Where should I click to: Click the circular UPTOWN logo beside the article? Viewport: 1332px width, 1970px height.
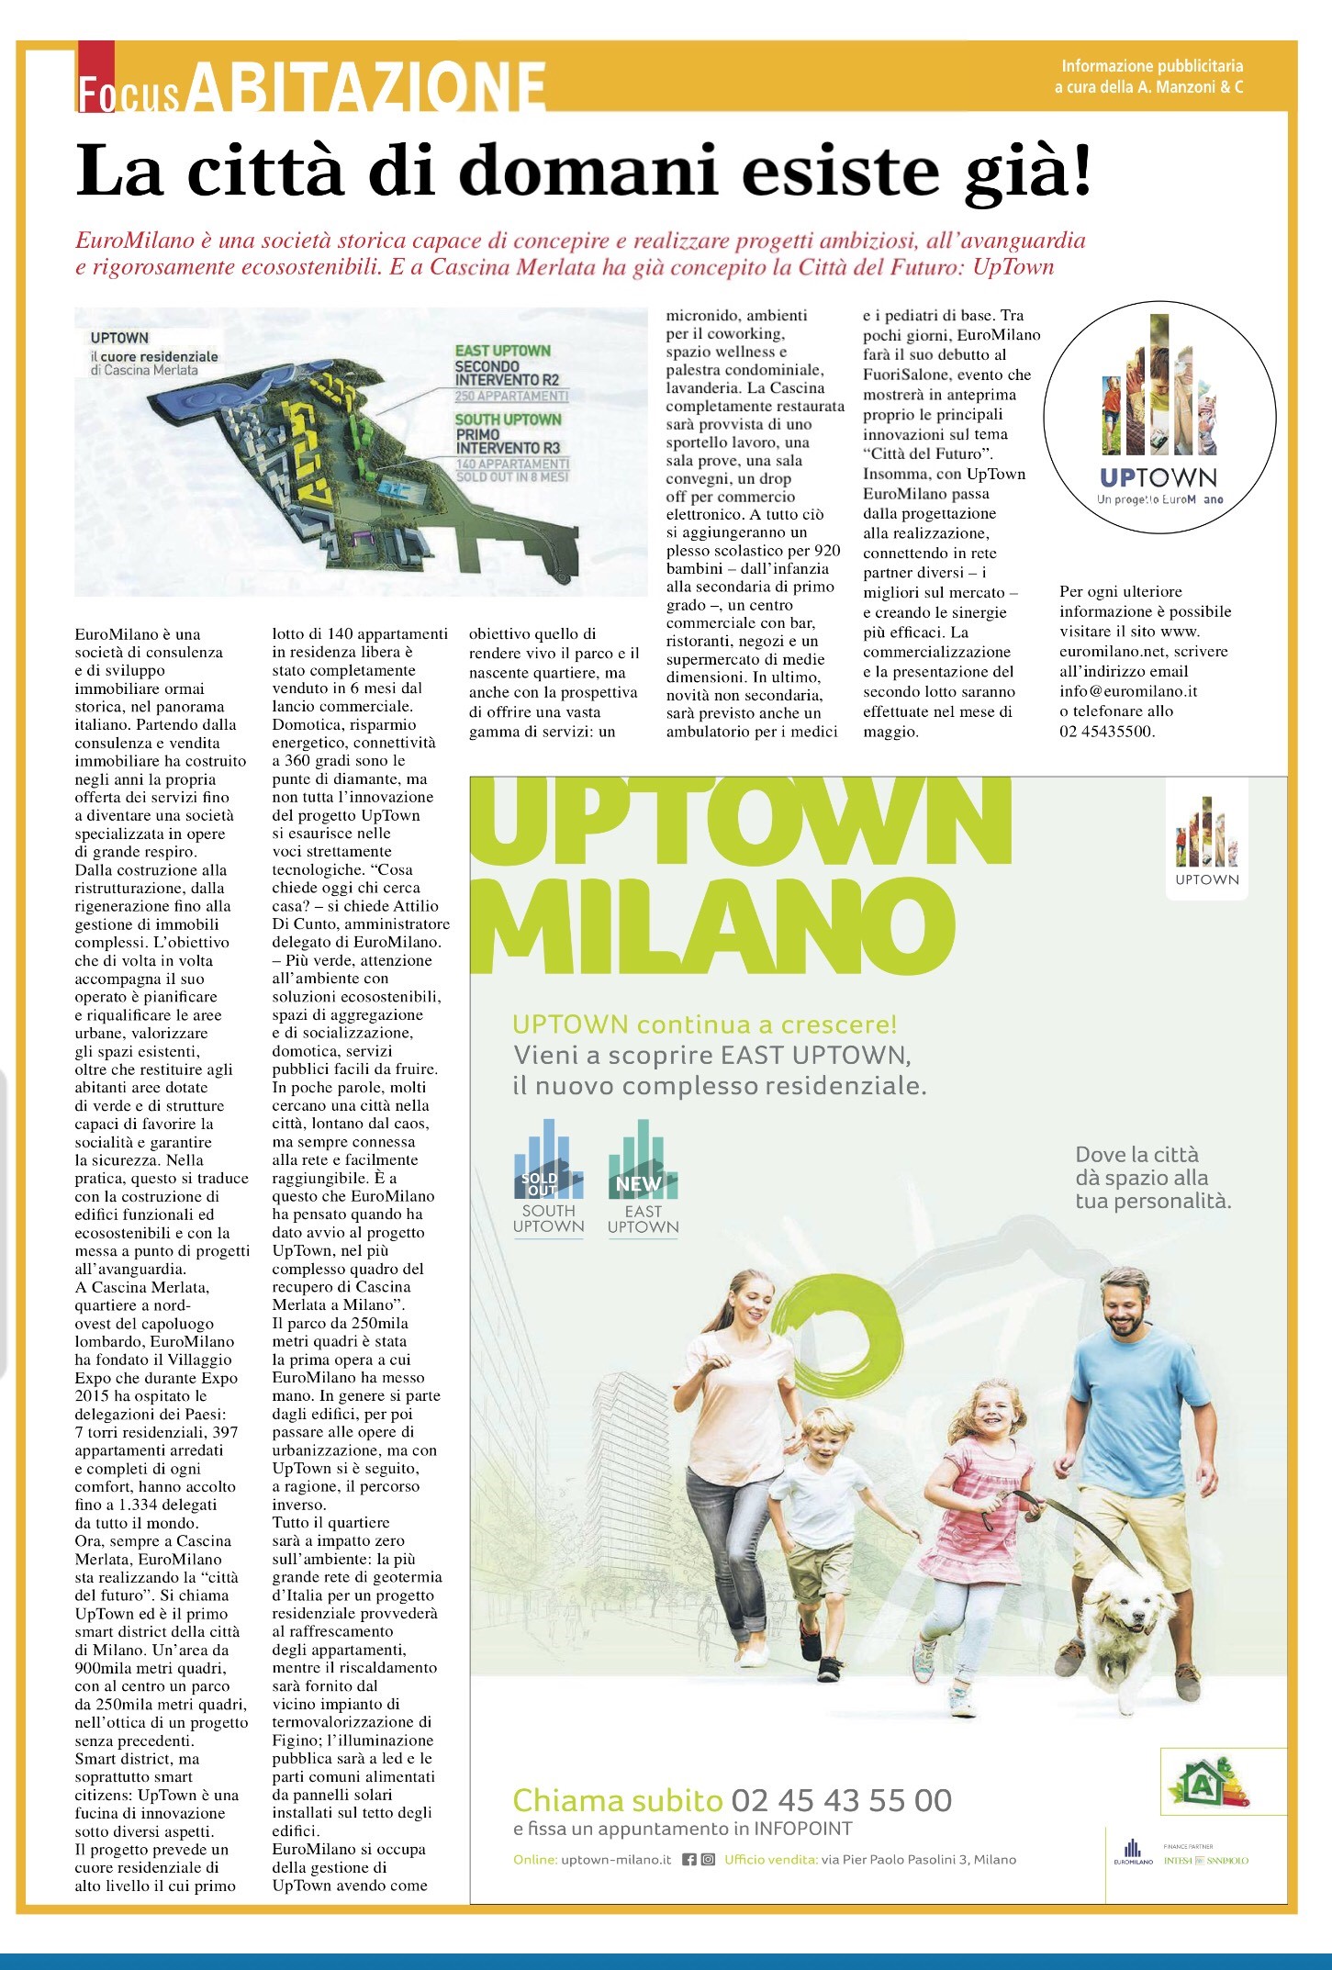pyautogui.click(x=1159, y=417)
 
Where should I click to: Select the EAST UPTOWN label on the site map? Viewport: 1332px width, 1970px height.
pyautogui.click(x=502, y=351)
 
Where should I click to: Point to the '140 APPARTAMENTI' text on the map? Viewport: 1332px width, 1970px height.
pyautogui.click(x=511, y=465)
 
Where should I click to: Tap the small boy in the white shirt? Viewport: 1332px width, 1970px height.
pyautogui.click(x=819, y=1505)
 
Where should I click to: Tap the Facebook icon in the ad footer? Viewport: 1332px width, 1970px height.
pyautogui.click(x=689, y=1860)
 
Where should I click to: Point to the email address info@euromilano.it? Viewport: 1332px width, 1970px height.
pyautogui.click(x=1128, y=691)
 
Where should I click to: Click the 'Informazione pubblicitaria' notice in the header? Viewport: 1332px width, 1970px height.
pyautogui.click(x=1152, y=66)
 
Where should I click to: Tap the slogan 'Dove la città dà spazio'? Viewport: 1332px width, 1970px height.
pyautogui.click(x=1152, y=1178)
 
